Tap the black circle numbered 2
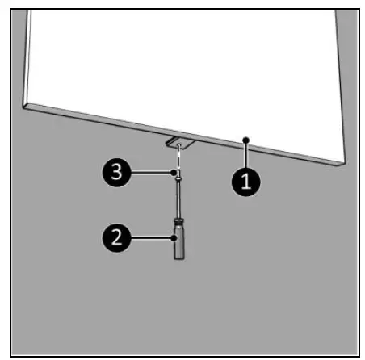pyautogui.click(x=118, y=237)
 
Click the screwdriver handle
pyautogui.click(x=178, y=243)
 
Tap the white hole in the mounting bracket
pyautogui.click(x=178, y=146)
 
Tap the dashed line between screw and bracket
pyautogui.click(x=178, y=159)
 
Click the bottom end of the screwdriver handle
pyautogui.click(x=178, y=257)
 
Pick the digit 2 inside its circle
pyautogui.click(x=118, y=237)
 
